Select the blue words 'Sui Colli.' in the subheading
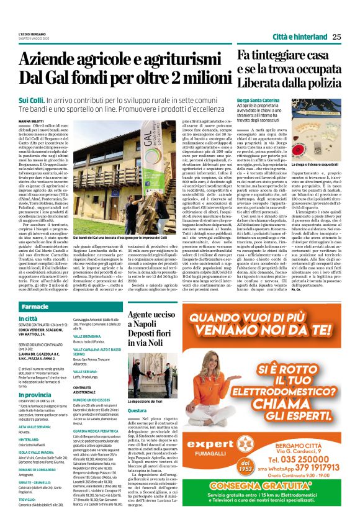(x=32, y=100)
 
